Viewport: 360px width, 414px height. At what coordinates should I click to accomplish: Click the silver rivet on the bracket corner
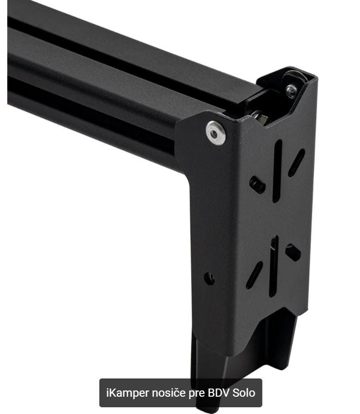pos(216,133)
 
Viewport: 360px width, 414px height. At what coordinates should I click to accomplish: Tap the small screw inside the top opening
pos(291,91)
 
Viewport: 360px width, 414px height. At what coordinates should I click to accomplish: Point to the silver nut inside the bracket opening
pos(259,117)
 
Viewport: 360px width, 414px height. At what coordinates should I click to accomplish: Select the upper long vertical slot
pos(277,171)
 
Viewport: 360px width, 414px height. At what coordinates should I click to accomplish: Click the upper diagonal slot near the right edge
pos(296,163)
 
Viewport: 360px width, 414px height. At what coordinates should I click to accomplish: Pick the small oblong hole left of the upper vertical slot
pos(257,185)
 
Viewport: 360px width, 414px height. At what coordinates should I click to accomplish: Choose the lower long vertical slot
pos(274,266)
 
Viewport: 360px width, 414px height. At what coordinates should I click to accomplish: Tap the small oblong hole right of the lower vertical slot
pos(293,253)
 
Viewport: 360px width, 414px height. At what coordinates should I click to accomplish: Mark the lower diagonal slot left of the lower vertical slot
pos(254,275)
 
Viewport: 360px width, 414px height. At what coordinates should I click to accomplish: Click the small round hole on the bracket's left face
pos(209,279)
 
